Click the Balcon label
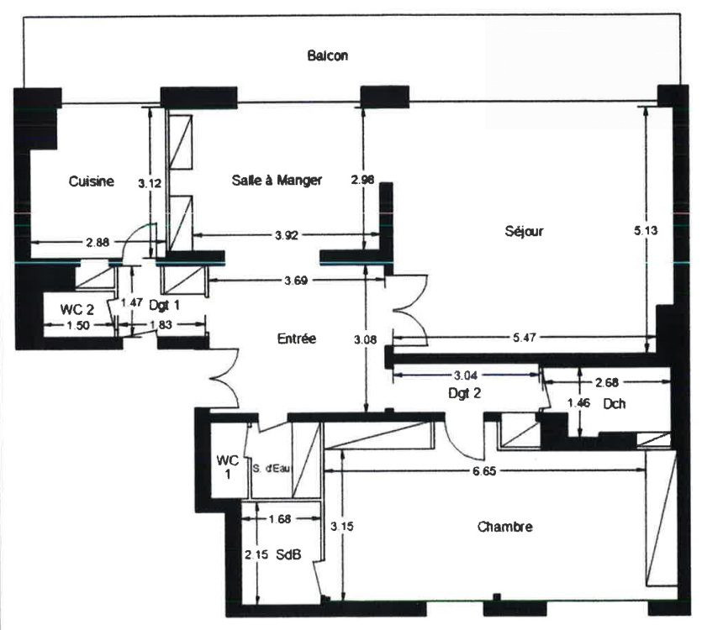pyautogui.click(x=328, y=55)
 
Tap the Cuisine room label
pyautogui.click(x=92, y=181)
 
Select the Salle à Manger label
pyautogui.click(x=277, y=180)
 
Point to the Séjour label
pyautogui.click(x=524, y=231)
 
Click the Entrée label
pyautogui.click(x=297, y=339)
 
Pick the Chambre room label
pyautogui.click(x=505, y=527)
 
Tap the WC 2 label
pyautogui.click(x=77, y=309)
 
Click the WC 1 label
pyautogui.click(x=228, y=467)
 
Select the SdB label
pyautogui.click(x=288, y=555)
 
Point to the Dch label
pyautogui.click(x=615, y=403)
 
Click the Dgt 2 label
pyautogui.click(x=464, y=393)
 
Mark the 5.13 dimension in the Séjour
pyautogui.click(x=646, y=230)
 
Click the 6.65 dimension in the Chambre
pyautogui.click(x=484, y=471)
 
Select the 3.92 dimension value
pyautogui.click(x=287, y=235)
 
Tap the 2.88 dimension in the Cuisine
pyautogui.click(x=98, y=243)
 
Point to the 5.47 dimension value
pyautogui.click(x=524, y=338)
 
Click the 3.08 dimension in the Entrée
pyautogui.click(x=366, y=339)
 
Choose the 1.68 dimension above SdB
pyautogui.click(x=280, y=519)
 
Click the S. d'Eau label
pyautogui.click(x=272, y=469)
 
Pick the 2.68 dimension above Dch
pyautogui.click(x=607, y=382)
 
